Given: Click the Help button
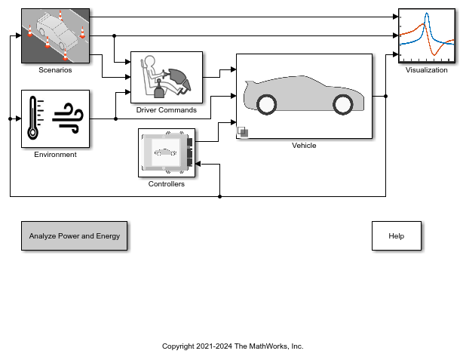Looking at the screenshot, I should coord(396,236).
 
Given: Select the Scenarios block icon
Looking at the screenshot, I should coord(55,35).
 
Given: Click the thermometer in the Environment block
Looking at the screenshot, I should coord(32,118).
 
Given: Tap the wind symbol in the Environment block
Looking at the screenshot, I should coord(69,117).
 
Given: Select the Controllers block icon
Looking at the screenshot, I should coord(166,153).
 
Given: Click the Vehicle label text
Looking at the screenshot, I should coord(304,146).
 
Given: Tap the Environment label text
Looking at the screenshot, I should coord(55,155).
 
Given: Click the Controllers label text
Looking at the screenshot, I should coord(166,184).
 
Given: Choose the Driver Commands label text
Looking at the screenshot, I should coord(166,110).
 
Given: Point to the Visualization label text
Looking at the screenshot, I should coord(426,70).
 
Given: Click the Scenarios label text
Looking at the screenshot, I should coord(55,70).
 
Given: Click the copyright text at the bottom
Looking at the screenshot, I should coord(232,346).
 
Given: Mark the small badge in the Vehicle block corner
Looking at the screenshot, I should coord(243,132).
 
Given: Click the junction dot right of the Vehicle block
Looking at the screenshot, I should coord(386,96).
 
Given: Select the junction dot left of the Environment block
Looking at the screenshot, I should coord(10,118).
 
